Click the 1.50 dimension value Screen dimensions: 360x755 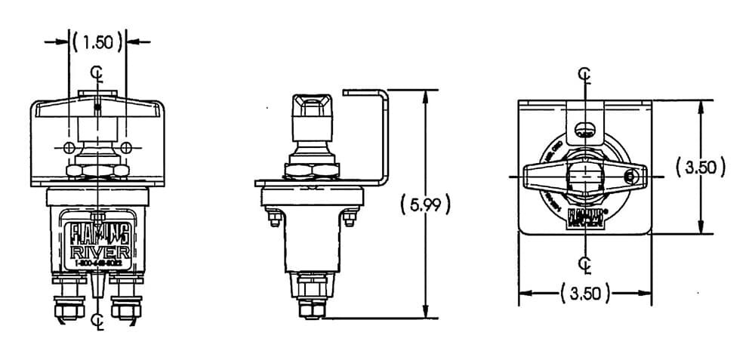[97, 42]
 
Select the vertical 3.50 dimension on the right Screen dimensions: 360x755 [701, 167]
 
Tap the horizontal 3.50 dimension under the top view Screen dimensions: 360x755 [585, 294]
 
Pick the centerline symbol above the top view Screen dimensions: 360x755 [584, 73]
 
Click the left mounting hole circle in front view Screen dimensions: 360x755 [69, 146]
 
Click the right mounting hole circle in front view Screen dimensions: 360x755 [128, 146]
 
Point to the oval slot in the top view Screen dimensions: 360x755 [584, 128]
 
